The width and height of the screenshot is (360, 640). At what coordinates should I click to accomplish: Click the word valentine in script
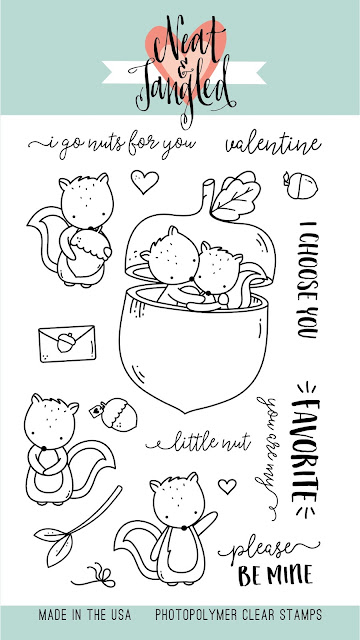(273, 145)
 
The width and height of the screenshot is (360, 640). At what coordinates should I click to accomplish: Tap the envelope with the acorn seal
(67, 343)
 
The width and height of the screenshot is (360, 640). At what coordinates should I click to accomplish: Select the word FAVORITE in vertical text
(305, 450)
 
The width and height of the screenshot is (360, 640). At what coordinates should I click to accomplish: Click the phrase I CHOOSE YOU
(308, 280)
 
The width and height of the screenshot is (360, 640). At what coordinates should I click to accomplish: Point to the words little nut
(199, 442)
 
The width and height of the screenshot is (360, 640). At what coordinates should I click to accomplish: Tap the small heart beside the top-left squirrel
(144, 181)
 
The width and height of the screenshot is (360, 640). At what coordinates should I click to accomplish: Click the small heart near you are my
(227, 486)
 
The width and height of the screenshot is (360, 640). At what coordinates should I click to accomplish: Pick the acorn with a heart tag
(114, 414)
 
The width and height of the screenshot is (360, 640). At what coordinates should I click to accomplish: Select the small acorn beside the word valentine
(300, 186)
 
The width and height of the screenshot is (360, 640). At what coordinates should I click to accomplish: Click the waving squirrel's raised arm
(207, 523)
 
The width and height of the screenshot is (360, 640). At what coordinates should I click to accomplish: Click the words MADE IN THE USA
(85, 615)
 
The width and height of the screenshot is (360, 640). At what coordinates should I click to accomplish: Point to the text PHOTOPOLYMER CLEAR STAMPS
(238, 615)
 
